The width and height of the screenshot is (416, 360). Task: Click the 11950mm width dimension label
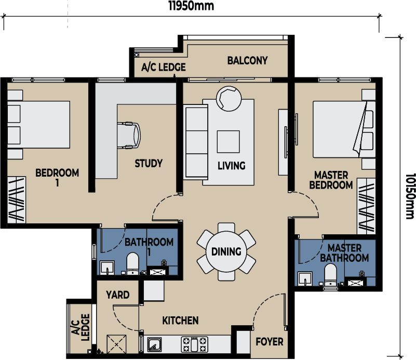point(191,6)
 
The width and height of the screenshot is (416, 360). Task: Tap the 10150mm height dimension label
point(410,196)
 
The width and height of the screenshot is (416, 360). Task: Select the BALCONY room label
point(247,60)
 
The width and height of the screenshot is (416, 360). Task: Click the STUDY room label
point(149,163)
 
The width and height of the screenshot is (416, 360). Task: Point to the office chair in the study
point(129,136)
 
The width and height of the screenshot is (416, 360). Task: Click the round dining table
point(226,251)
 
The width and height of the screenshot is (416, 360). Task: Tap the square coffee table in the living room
point(228,142)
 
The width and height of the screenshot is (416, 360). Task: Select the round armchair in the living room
point(229,98)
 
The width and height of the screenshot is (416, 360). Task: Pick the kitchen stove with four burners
point(194,344)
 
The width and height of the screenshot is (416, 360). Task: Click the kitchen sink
point(154,344)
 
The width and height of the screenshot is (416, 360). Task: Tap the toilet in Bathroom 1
point(132,263)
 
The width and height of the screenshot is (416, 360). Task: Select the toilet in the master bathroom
point(330,275)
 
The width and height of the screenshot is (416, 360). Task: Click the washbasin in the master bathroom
point(305,278)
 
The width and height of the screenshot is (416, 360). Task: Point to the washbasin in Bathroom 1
point(107,268)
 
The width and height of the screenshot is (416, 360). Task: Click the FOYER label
point(270,342)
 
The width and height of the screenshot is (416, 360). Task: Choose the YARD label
point(117,295)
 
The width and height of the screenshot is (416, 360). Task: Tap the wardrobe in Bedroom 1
point(17,200)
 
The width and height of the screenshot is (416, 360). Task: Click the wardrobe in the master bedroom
point(366,206)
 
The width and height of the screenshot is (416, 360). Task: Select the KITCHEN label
point(180,321)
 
